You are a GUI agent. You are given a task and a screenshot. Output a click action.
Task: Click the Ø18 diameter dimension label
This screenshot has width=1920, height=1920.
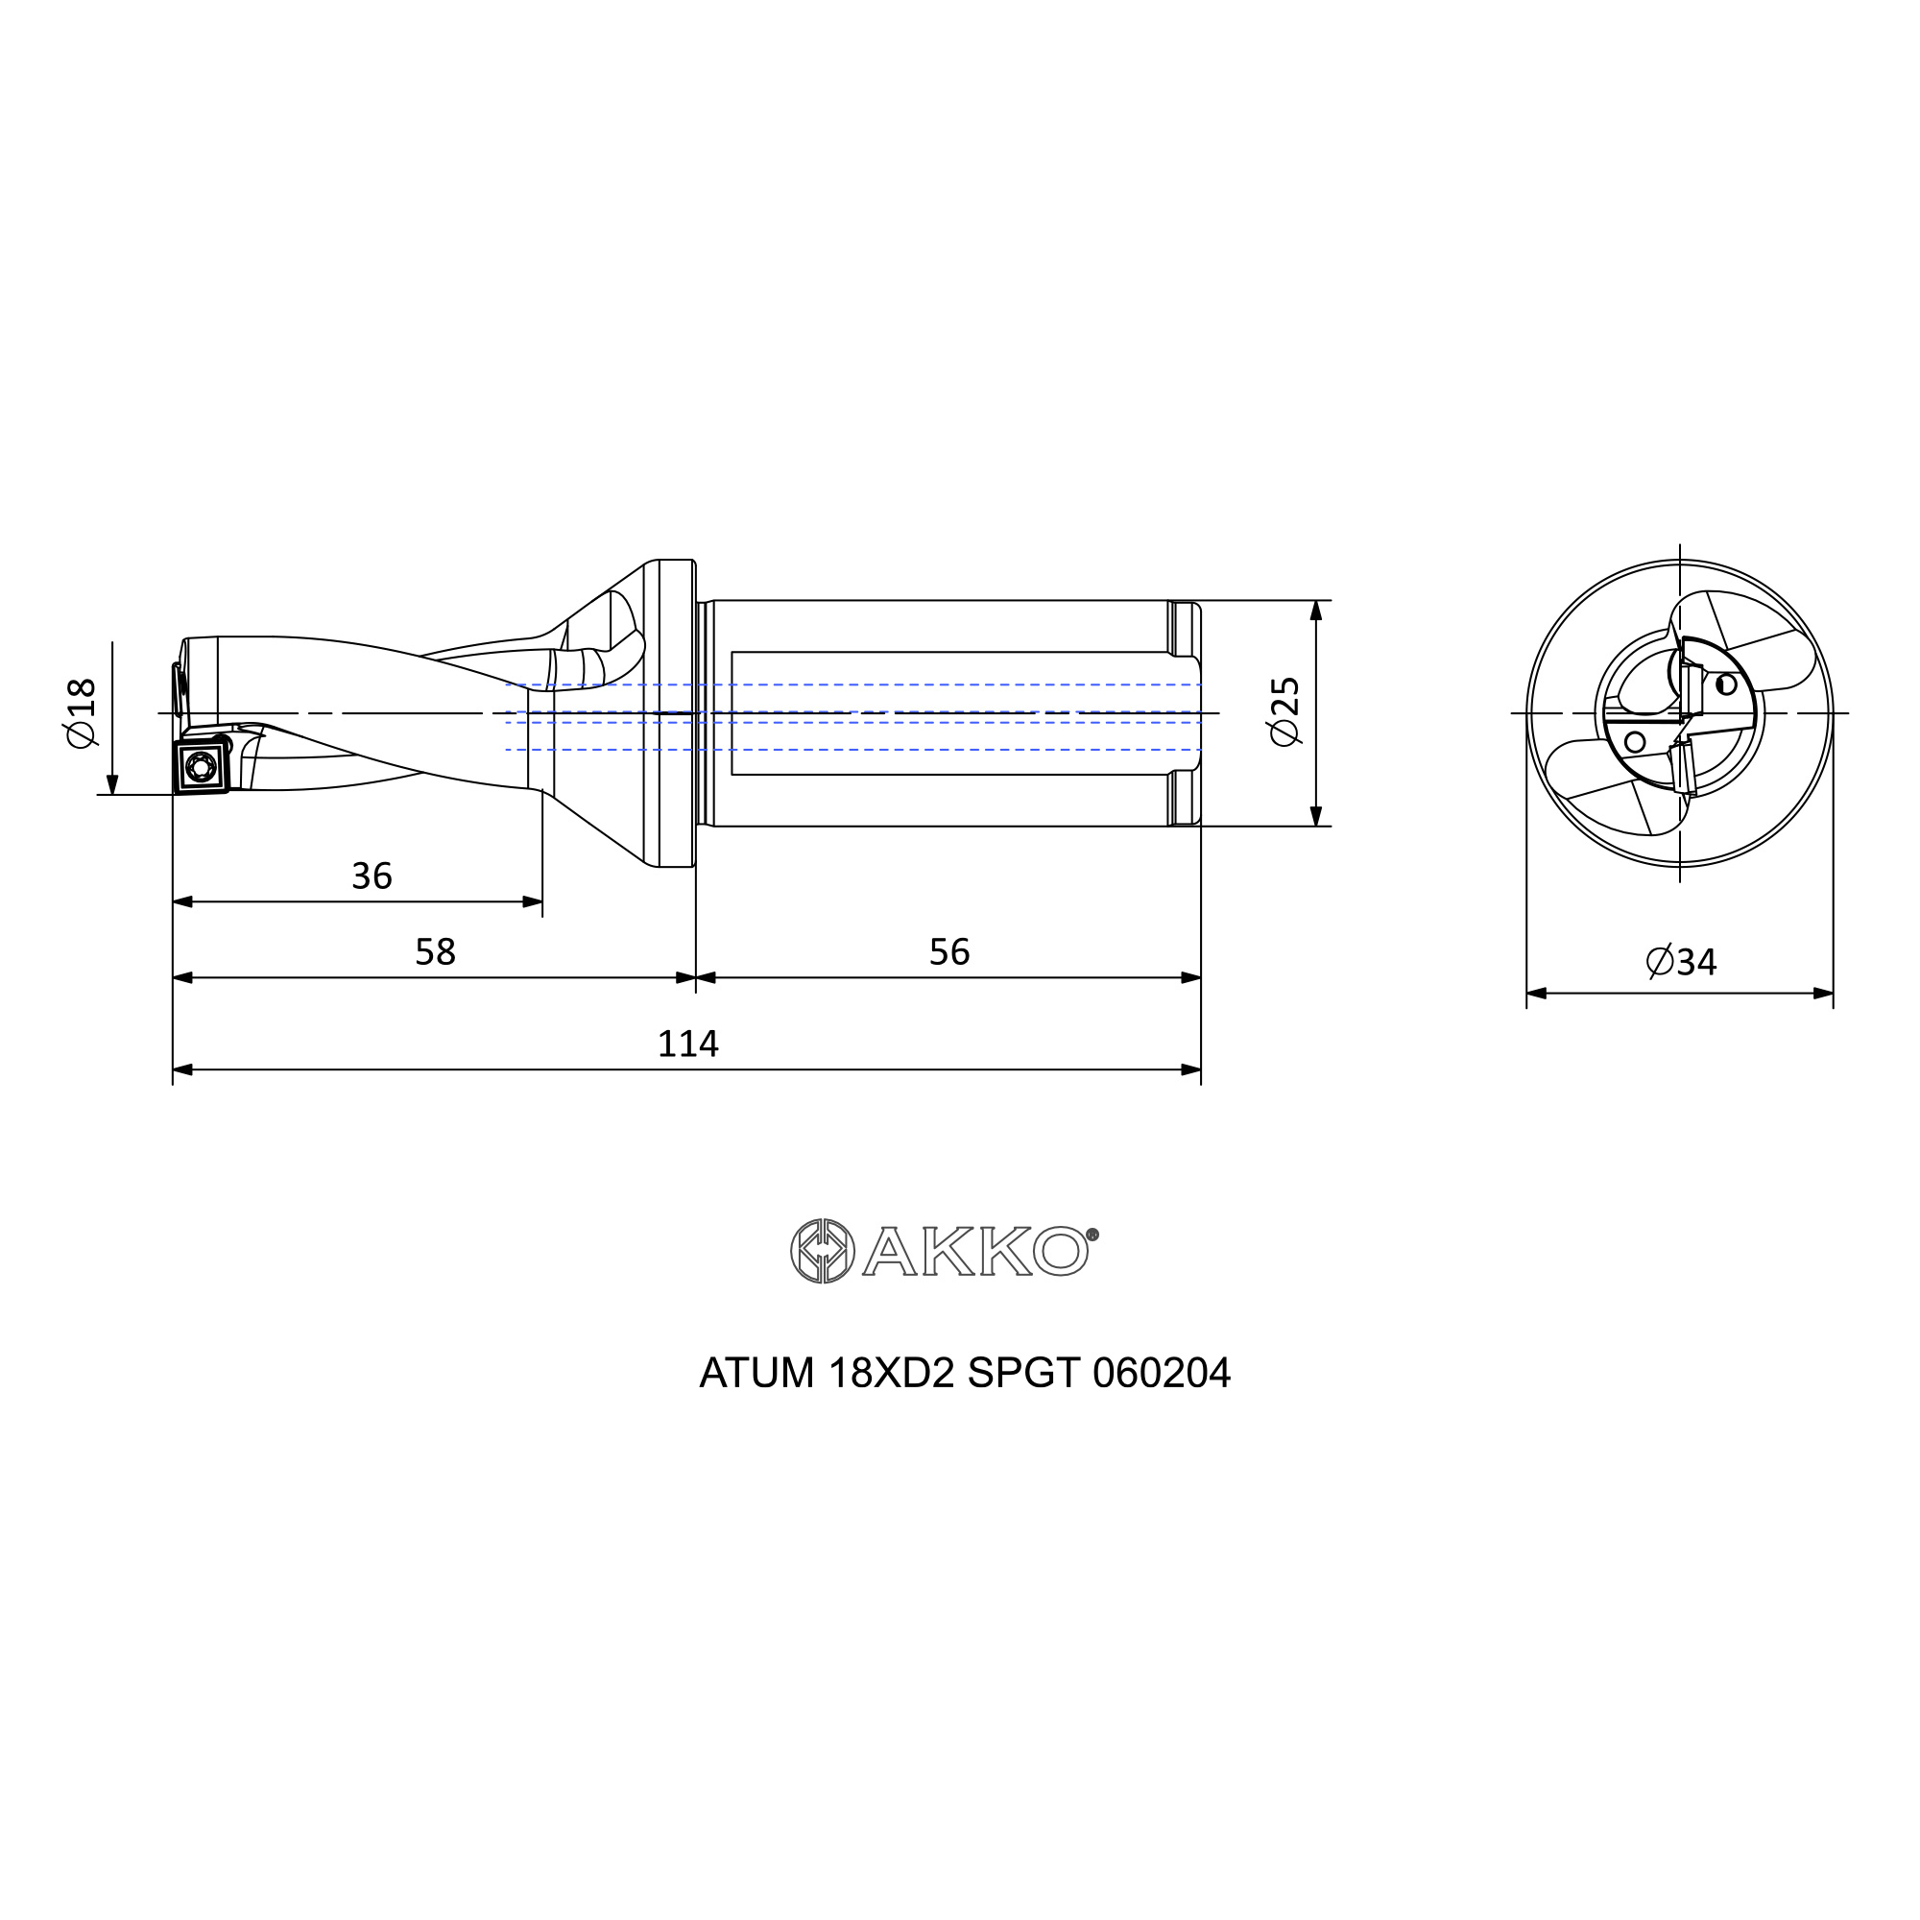(81, 712)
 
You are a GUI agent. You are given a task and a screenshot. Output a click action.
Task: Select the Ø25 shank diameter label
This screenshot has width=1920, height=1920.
(1284, 710)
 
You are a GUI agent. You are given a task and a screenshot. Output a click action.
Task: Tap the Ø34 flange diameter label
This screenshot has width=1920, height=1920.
(1681, 962)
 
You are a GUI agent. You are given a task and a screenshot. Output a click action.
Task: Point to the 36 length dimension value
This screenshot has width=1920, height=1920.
(372, 876)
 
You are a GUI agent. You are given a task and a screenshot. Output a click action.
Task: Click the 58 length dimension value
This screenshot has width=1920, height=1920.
(435, 952)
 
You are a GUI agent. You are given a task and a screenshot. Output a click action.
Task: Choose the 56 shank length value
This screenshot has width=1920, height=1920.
(949, 952)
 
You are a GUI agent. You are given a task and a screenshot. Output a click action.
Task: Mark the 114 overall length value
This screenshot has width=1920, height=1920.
(687, 1044)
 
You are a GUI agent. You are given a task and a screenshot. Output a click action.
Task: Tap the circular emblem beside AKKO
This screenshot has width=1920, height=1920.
(822, 1250)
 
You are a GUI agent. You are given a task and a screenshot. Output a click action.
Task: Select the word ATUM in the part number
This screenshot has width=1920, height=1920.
(757, 1374)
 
